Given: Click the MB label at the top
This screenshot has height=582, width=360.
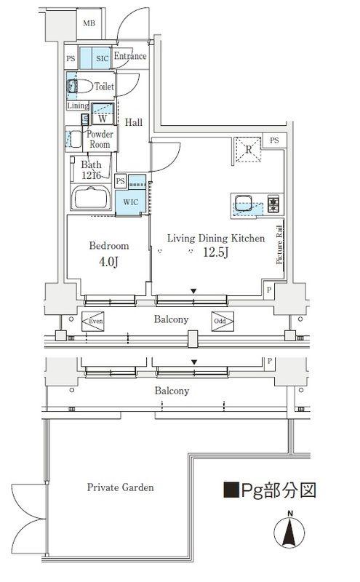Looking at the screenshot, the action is (x=89, y=23).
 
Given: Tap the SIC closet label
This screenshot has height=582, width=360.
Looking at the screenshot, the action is (x=102, y=59).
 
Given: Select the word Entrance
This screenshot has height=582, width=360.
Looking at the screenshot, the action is (x=130, y=56).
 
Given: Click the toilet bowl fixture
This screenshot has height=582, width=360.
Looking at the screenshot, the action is (x=80, y=87).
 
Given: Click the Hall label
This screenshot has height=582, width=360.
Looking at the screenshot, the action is (x=133, y=122).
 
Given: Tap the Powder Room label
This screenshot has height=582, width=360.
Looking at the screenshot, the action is (x=100, y=139).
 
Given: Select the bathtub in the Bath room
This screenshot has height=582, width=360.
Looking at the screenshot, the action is (x=91, y=197).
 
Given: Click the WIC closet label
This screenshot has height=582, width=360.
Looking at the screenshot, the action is (x=131, y=202).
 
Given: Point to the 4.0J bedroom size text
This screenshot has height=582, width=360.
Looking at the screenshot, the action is (x=108, y=262).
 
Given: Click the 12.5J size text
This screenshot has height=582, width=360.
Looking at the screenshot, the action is (x=215, y=252).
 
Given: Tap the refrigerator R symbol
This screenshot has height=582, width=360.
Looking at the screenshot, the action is (x=248, y=150).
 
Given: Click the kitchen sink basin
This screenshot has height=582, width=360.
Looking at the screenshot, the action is (x=243, y=204).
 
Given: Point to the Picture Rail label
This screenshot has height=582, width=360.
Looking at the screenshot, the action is (x=279, y=245).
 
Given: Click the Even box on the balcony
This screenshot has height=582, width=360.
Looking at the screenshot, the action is (x=93, y=321).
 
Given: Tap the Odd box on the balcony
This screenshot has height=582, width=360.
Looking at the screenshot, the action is (x=223, y=321).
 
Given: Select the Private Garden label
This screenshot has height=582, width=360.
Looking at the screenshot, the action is (x=120, y=487).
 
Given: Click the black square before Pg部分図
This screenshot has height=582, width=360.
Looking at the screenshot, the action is (x=231, y=490).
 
